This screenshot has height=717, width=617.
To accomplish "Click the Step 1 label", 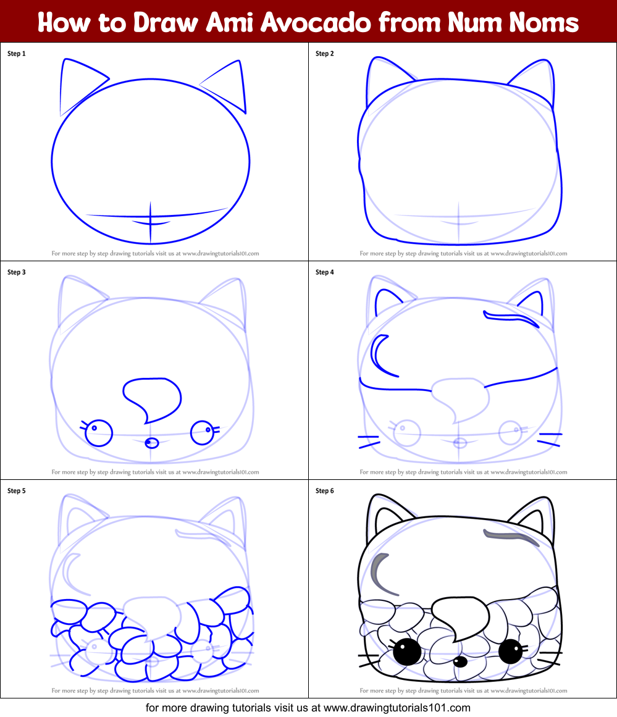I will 17,54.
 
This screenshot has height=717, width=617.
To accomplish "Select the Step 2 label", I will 325,54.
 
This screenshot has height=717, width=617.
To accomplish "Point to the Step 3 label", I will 17,272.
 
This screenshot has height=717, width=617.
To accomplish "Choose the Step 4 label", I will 325,272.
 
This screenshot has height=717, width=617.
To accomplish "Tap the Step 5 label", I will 17,491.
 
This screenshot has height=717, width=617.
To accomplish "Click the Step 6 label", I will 325,491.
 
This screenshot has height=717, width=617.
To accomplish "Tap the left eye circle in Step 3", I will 98,433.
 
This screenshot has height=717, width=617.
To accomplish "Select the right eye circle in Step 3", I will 202,432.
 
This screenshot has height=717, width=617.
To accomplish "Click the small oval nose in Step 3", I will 151,443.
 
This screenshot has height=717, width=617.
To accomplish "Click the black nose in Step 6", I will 460,661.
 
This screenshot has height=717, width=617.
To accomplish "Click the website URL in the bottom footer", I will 397,708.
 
